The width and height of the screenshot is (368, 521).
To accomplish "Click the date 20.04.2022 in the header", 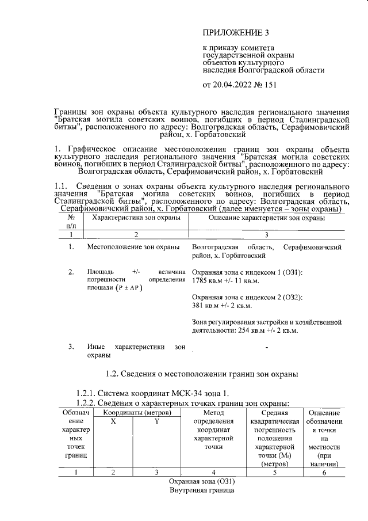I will (x=233, y=85).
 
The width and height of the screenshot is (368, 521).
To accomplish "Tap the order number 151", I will (x=269, y=85).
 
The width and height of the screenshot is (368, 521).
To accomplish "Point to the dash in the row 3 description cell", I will (x=267, y=347).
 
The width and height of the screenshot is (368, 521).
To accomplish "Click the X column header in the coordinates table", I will (x=113, y=421).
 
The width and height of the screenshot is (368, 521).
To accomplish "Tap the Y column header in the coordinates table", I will (x=156, y=421).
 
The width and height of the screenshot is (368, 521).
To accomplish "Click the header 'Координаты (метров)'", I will (x=134, y=413).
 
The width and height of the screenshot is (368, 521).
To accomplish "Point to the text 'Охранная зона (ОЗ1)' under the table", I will (x=202, y=481).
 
